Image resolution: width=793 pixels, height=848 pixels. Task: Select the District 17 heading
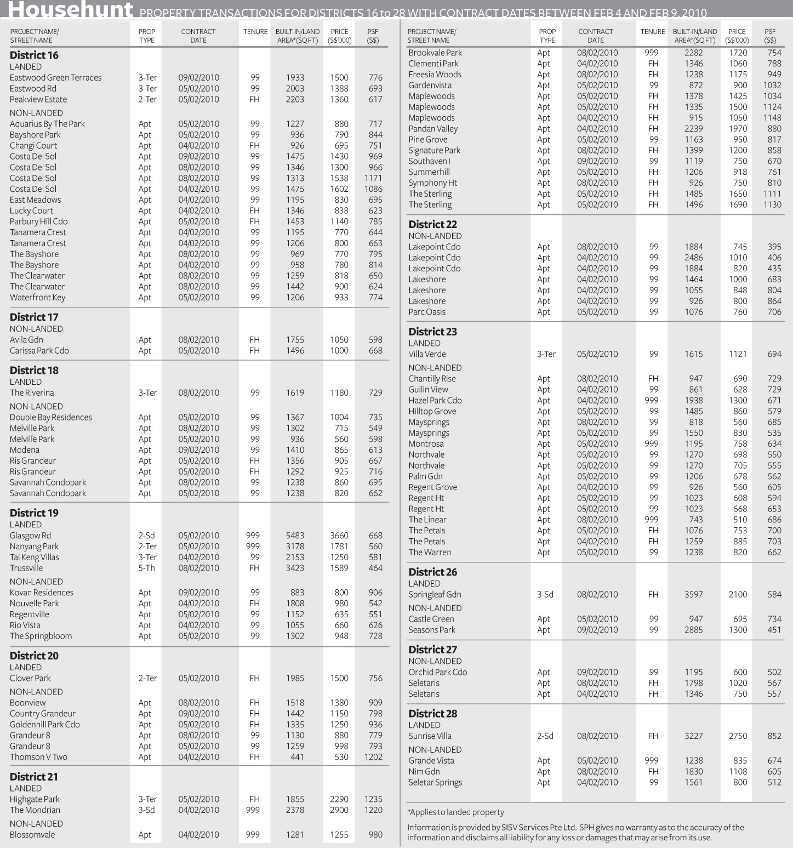pyautogui.click(x=34, y=317)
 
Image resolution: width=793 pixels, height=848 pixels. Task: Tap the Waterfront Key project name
pyautogui.click(x=37, y=298)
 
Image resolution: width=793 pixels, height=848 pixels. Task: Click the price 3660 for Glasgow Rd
pyautogui.click(x=339, y=536)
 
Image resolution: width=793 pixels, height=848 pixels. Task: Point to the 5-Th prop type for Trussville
pyautogui.click(x=146, y=568)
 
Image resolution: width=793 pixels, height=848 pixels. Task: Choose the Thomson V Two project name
pyautogui.click(x=38, y=757)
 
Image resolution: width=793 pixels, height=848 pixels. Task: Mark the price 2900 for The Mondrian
pyautogui.click(x=339, y=810)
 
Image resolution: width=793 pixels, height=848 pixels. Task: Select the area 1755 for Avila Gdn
pyautogui.click(x=295, y=340)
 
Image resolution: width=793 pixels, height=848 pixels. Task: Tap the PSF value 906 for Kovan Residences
pyautogui.click(x=375, y=593)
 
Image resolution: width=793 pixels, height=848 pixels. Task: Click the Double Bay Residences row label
pyautogui.click(x=51, y=417)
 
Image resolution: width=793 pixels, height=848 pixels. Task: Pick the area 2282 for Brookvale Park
pyautogui.click(x=693, y=53)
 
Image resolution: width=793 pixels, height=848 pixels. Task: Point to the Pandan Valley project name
pyautogui.click(x=433, y=129)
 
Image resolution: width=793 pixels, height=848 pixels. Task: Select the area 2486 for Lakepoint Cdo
pyautogui.click(x=693, y=258)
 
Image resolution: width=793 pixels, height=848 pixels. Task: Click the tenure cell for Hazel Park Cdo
pyautogui.click(x=652, y=401)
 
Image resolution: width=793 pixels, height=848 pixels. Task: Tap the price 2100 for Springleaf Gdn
pyautogui.click(x=738, y=594)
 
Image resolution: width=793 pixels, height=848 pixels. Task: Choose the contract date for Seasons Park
pyautogui.click(x=597, y=630)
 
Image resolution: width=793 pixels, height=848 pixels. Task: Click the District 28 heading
pyautogui.click(x=433, y=714)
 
